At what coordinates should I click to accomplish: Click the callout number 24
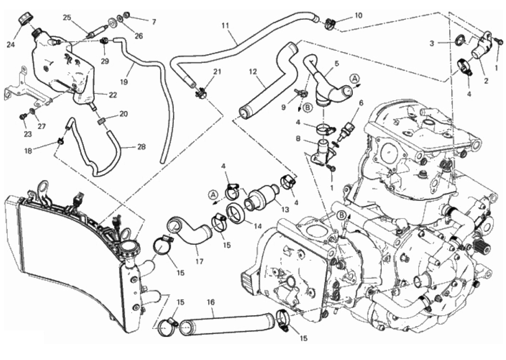coord(11,45)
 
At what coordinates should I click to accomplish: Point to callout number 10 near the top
coord(358,15)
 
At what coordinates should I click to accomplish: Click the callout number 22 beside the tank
coord(113,95)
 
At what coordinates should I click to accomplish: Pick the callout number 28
coord(141,147)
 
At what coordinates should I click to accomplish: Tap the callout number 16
coord(210,303)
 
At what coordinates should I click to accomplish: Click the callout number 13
coord(285,210)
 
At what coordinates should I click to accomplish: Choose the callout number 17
coord(200,262)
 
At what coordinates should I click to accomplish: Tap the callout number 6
coord(361,103)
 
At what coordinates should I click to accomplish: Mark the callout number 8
coord(298,139)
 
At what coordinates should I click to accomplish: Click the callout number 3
coord(432,43)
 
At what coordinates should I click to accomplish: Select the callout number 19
coord(124,82)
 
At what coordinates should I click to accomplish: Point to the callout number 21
coord(217,71)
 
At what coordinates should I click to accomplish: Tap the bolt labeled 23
coord(23,117)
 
